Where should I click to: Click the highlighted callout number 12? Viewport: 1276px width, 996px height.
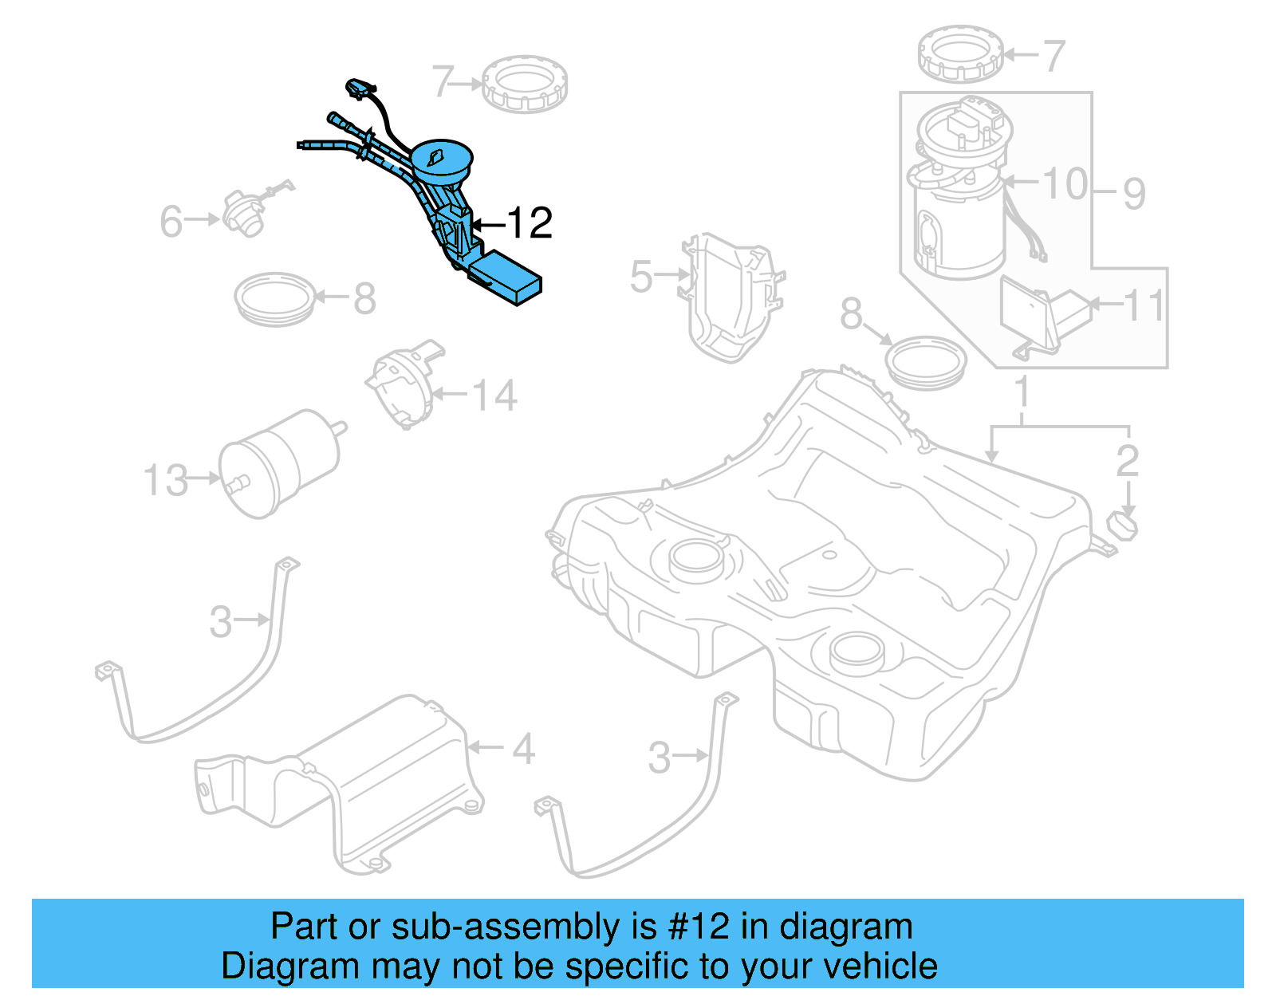pos(530,223)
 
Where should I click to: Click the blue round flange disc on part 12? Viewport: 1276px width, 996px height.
pos(441,157)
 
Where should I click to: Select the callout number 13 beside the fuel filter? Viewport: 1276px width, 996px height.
pos(166,481)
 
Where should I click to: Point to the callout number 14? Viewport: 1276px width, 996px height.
pos(494,396)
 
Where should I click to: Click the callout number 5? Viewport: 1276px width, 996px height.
pos(641,277)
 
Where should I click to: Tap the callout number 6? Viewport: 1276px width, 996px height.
pos(171,222)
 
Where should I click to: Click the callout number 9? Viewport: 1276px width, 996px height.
pos(1134,194)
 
